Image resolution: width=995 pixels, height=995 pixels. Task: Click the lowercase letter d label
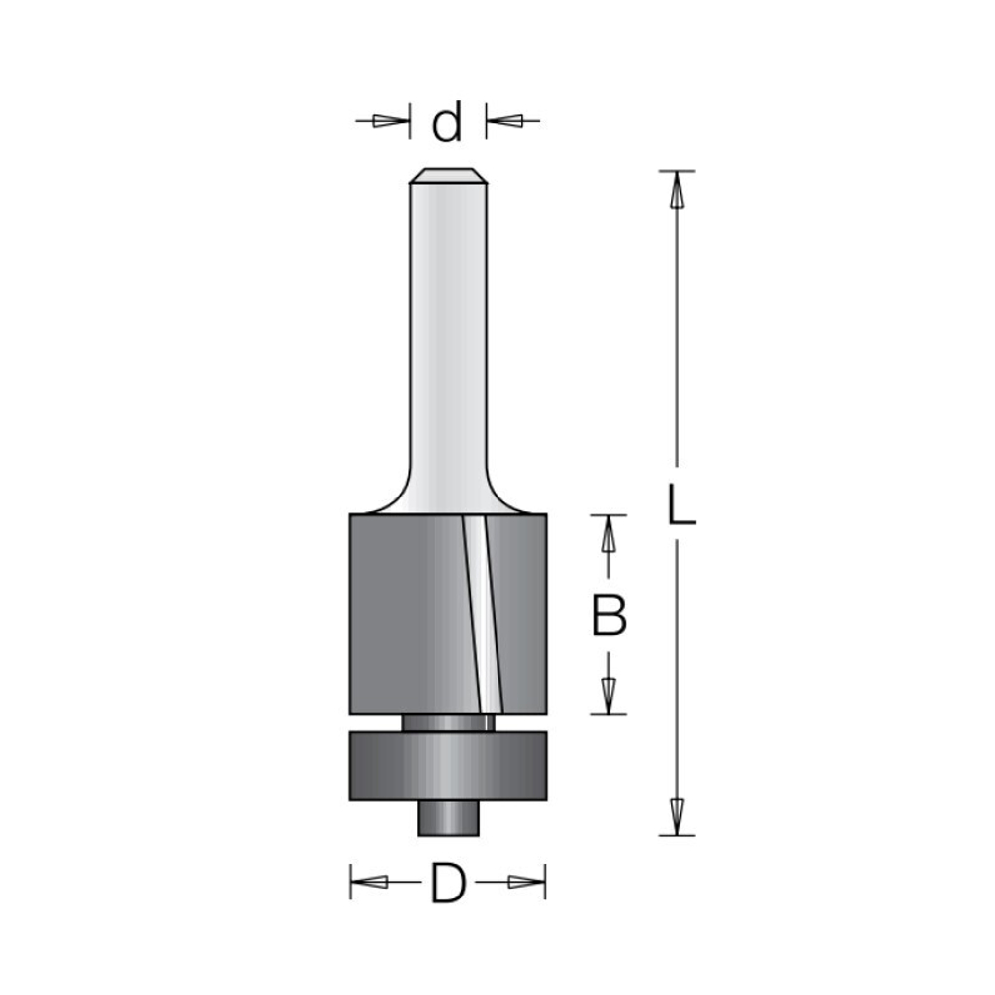[447, 123]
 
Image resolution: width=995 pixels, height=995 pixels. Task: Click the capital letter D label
[448, 882]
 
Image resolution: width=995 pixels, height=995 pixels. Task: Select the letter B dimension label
[609, 615]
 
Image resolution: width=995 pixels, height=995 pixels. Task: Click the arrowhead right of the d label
[506, 120]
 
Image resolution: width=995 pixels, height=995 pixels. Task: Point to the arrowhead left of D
[370, 882]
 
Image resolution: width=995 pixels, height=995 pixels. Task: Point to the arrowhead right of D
[525, 882]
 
